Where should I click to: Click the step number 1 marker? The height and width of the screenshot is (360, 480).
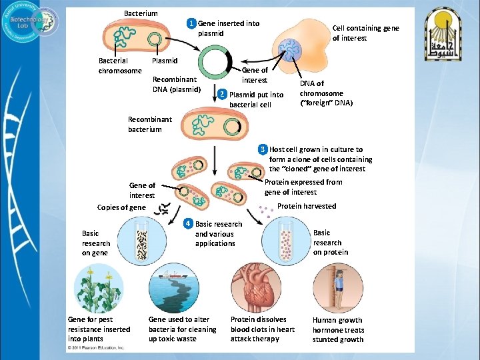[192, 24]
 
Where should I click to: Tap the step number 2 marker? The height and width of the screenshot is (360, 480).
[223, 94]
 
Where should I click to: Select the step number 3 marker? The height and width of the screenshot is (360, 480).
[263, 149]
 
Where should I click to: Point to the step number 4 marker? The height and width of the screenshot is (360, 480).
[189, 223]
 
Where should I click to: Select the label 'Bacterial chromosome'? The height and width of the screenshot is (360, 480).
[120, 65]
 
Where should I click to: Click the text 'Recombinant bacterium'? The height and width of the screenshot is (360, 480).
[150, 124]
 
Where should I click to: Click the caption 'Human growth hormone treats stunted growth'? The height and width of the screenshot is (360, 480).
[339, 329]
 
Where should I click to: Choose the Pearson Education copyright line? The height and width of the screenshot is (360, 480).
[97, 347]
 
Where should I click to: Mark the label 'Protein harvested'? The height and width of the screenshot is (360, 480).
[307, 206]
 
